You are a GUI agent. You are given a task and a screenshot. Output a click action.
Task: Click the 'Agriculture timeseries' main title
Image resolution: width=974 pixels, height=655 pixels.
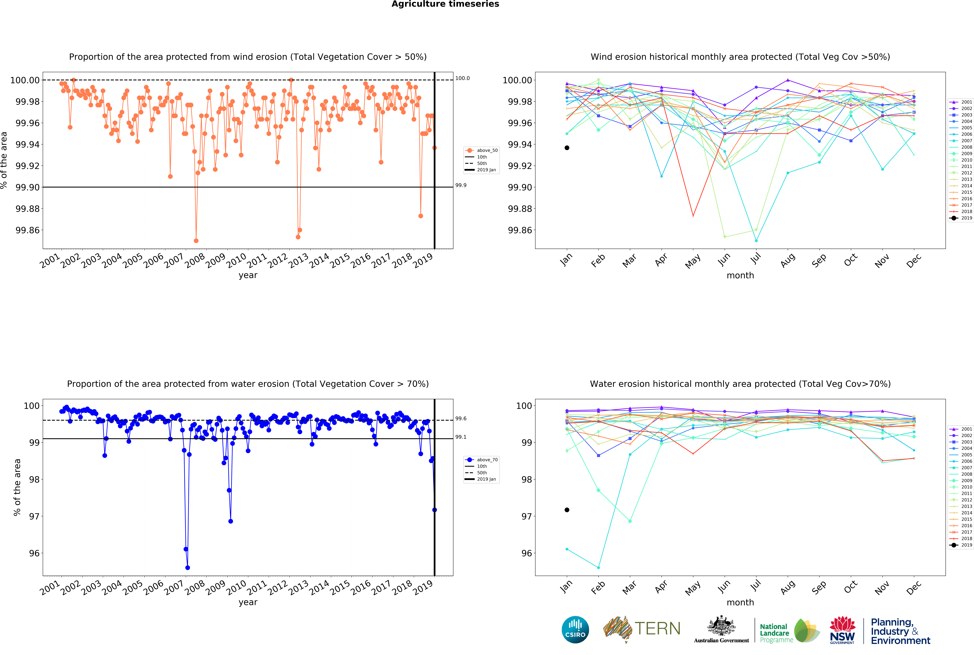point(445,4)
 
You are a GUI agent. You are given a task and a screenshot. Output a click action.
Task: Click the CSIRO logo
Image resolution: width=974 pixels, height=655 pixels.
point(575,629)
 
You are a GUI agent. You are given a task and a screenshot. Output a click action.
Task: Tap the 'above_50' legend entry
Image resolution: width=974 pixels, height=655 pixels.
point(481,150)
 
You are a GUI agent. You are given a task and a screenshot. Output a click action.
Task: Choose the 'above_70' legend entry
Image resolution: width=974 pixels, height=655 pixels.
point(481,459)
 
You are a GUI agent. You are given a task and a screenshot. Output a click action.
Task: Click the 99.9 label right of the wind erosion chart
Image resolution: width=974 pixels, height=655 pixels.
point(461,185)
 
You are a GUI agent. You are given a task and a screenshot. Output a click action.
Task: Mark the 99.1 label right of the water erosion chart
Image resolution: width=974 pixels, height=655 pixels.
point(461,437)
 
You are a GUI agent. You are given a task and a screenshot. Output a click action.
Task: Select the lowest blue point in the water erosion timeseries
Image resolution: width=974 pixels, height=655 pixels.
point(187,568)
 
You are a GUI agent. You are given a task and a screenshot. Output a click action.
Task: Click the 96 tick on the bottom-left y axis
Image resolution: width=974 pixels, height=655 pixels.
point(35,553)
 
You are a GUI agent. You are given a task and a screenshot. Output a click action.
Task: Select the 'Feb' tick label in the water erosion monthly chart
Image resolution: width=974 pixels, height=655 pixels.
point(598,588)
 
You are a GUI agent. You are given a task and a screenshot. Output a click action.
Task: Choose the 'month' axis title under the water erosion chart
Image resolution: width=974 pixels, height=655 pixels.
point(740,602)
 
